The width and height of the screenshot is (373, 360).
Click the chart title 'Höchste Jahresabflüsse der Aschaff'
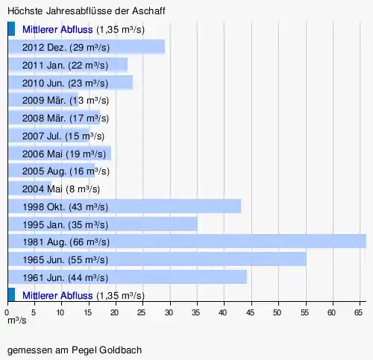click(87, 11)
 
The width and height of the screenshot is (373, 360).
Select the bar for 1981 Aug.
click(187, 241)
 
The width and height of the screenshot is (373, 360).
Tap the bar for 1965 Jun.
click(157, 259)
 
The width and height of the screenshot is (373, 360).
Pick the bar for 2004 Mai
click(30, 189)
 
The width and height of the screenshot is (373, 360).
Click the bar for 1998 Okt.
click(125, 206)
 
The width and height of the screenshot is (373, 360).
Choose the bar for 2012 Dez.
click(87, 46)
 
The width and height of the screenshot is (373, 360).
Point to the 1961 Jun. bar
click(128, 277)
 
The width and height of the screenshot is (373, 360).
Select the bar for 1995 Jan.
click(103, 224)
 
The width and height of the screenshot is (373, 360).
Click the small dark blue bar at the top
click(11, 28)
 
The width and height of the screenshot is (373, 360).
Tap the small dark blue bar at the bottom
click(11, 294)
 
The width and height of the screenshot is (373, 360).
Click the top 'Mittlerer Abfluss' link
click(57, 30)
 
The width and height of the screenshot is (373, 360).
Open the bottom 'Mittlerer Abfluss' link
click(57, 296)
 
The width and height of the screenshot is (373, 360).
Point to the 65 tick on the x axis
click(358, 312)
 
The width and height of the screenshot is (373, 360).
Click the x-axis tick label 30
click(169, 312)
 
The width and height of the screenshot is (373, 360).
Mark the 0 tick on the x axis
click(7, 312)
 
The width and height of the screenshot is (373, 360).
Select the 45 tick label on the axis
click(250, 312)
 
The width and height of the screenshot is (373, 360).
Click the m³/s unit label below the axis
click(17, 320)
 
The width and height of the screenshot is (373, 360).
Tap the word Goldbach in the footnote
click(121, 350)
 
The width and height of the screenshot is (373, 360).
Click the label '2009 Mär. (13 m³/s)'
click(66, 101)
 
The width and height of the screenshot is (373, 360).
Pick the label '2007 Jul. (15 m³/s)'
click(63, 136)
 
